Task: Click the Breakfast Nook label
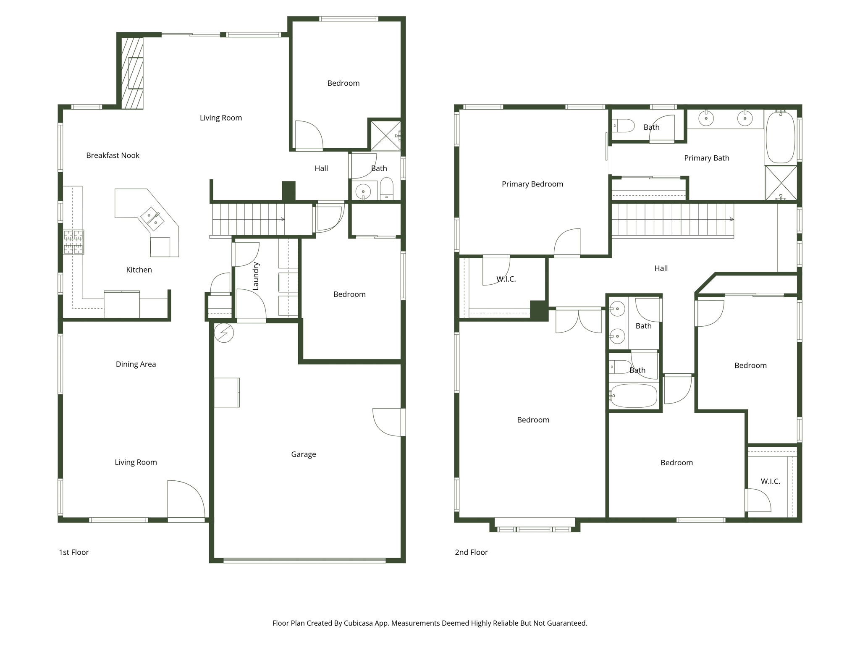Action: click(113, 155)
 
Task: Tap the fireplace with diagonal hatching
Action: click(132, 73)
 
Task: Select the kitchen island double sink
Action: click(152, 219)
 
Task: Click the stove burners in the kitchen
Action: click(73, 242)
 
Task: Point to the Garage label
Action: click(303, 454)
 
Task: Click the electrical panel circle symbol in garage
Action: click(224, 333)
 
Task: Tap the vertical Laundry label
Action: click(256, 276)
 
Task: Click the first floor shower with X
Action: click(385, 136)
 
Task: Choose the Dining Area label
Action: click(136, 364)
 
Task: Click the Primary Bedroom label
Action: click(532, 184)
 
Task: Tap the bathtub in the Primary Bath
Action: click(780, 137)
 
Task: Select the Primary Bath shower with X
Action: click(781, 183)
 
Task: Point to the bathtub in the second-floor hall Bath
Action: click(633, 396)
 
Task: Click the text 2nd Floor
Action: click(471, 553)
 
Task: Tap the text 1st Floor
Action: click(74, 553)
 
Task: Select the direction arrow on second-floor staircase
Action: click(732, 220)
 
